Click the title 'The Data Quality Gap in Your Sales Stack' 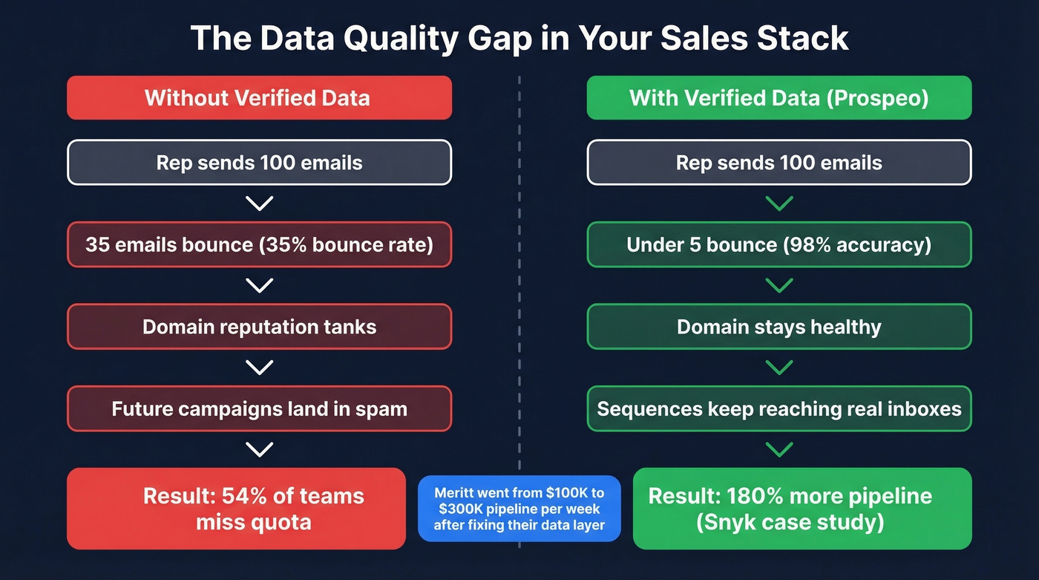(x=519, y=38)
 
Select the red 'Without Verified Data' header (x=259, y=97)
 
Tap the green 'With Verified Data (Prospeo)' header (x=779, y=97)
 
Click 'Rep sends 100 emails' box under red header (x=259, y=163)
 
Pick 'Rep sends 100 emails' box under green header (x=779, y=163)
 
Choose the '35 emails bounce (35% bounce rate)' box (x=259, y=244)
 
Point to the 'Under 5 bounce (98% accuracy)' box (x=779, y=244)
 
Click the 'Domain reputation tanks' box (x=259, y=327)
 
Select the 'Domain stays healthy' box (x=779, y=327)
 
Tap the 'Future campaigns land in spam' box (x=259, y=408)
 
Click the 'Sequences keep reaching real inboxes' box (x=779, y=408)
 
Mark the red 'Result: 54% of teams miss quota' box (x=236, y=508)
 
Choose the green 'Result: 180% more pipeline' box (x=802, y=508)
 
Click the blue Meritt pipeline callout (x=519, y=509)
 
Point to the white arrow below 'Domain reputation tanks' (x=259, y=367)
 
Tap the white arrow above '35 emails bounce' (x=259, y=203)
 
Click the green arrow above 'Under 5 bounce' (x=779, y=203)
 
